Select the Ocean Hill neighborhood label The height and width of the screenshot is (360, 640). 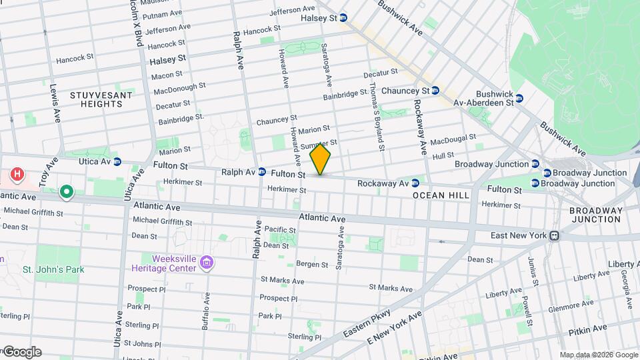(441, 195)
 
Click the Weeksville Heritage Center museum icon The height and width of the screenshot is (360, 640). (207, 263)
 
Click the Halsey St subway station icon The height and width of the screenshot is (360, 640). (343, 17)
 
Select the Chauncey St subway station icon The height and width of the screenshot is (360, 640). (435, 91)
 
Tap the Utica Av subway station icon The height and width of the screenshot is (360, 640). (117, 161)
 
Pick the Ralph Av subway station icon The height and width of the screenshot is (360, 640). (262, 171)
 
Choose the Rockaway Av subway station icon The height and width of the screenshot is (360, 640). (415, 183)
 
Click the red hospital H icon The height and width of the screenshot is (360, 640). (18, 175)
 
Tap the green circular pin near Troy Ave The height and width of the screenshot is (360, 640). (66, 193)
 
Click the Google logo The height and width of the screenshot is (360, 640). (22, 351)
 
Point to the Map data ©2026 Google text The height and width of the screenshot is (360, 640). (598, 355)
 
